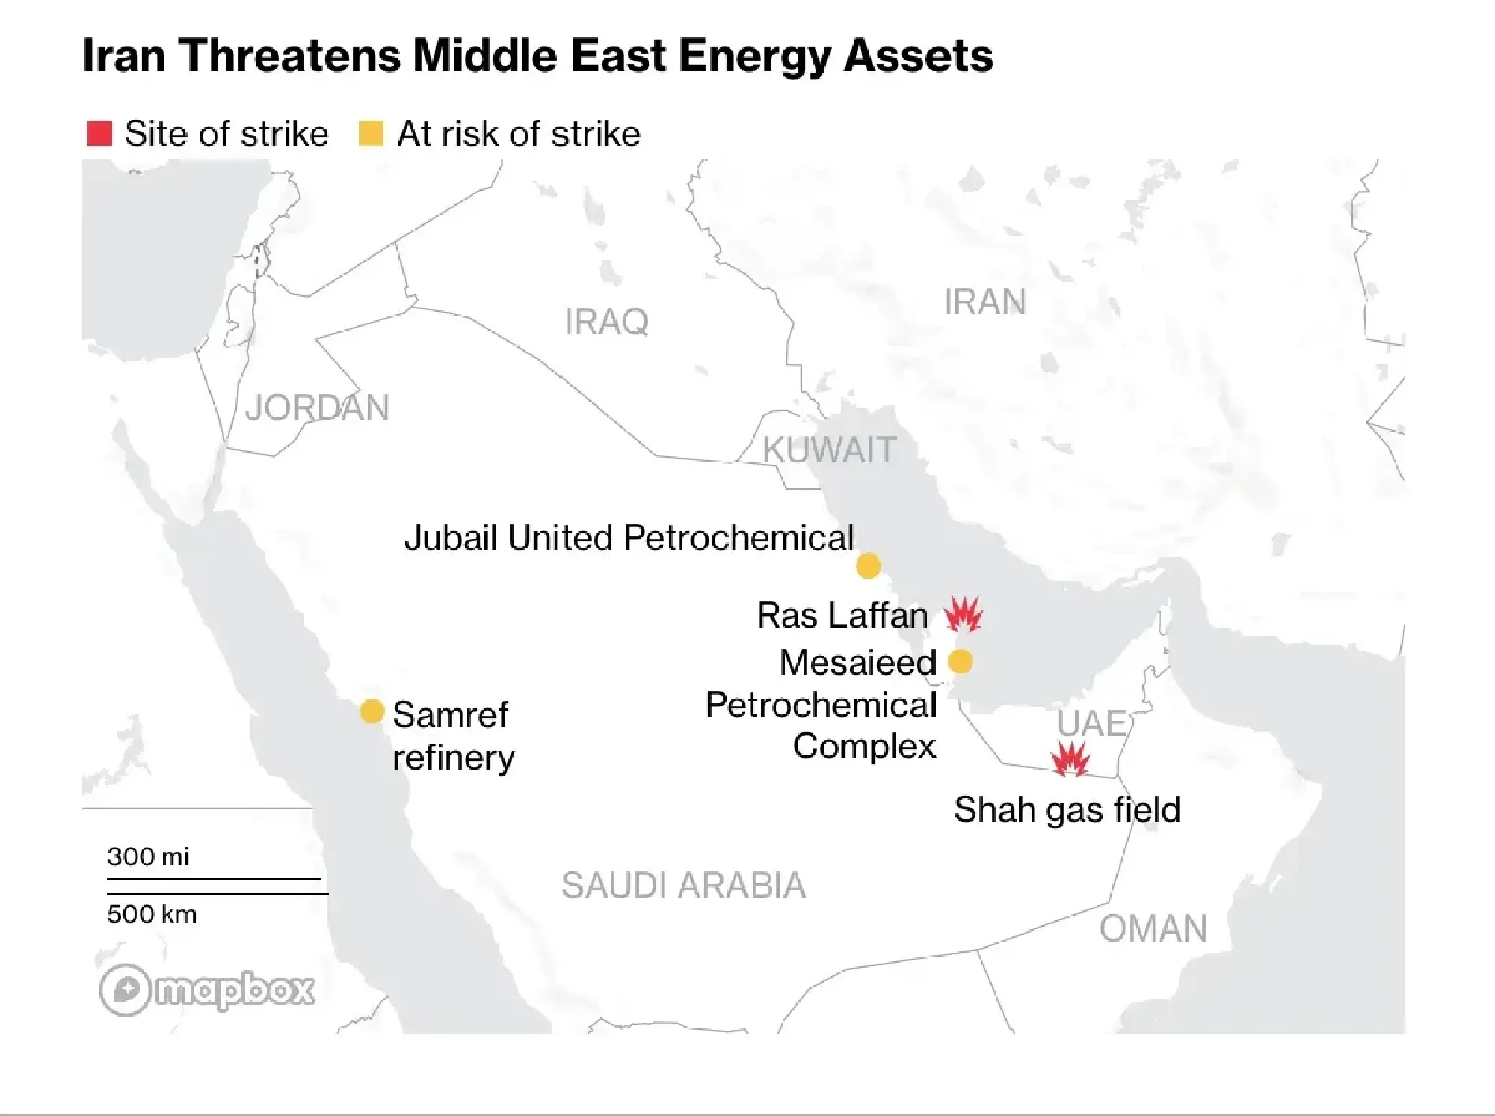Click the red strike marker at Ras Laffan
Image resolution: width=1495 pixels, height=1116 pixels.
coord(963,614)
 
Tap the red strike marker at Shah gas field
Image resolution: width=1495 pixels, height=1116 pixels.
coord(1070,760)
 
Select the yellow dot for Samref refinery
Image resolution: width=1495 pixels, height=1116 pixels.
coord(372,711)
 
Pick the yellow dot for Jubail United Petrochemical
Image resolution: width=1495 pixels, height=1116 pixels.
coord(868,566)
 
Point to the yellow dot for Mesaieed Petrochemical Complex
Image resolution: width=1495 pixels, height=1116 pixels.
coord(960,661)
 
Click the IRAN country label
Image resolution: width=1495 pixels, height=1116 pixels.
coord(984,302)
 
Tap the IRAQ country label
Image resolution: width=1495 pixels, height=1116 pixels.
coord(606,322)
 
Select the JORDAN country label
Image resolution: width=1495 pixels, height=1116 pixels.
coord(317,408)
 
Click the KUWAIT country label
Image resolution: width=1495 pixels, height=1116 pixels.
coord(829,450)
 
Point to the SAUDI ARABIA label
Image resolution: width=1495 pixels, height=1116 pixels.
coord(683,886)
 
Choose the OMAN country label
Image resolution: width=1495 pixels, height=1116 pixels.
coord(1153,929)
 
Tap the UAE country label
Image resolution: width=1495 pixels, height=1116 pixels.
coord(1091,723)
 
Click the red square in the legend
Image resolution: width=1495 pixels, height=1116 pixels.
coord(99,134)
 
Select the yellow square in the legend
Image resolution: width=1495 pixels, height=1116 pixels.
coord(372,134)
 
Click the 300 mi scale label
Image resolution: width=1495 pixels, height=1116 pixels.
coord(148,856)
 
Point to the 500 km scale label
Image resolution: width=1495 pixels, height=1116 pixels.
coord(152,914)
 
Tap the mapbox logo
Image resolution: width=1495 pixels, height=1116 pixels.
coord(207,990)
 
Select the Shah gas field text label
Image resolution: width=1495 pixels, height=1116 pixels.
coord(1067,810)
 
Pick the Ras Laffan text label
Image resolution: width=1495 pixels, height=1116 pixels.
coord(842,616)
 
